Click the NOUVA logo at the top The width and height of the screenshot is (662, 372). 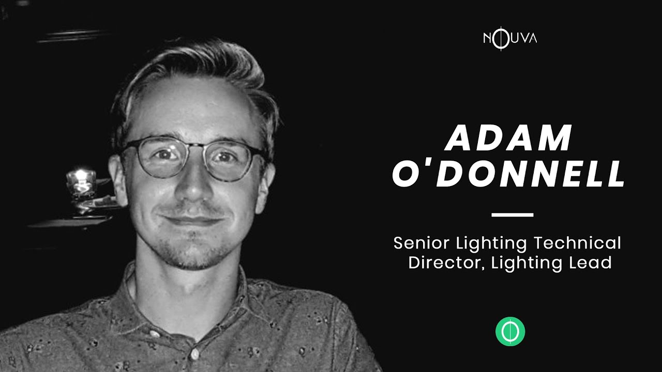tap(509, 38)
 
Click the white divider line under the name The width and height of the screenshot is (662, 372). tap(512, 214)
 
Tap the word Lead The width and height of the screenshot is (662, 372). tap(593, 262)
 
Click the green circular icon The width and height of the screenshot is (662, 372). tap(510, 331)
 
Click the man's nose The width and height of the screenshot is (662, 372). tap(193, 186)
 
